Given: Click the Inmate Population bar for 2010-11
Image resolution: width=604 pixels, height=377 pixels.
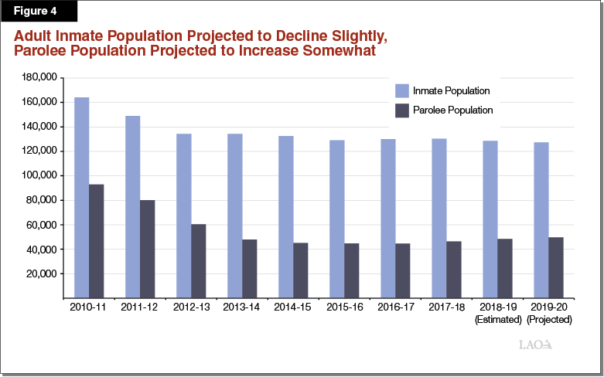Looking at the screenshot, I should [x=82, y=198].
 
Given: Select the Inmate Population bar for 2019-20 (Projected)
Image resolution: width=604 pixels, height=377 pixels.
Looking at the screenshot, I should [x=541, y=220].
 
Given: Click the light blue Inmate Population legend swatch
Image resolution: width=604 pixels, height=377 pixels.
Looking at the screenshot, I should [x=402, y=90].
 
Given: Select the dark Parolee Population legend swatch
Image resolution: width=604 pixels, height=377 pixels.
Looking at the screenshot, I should [x=402, y=110].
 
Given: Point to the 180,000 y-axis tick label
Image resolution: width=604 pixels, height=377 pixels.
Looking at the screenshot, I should [x=39, y=77].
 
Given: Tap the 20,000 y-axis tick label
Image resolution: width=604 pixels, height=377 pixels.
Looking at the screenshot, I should [x=41, y=273].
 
